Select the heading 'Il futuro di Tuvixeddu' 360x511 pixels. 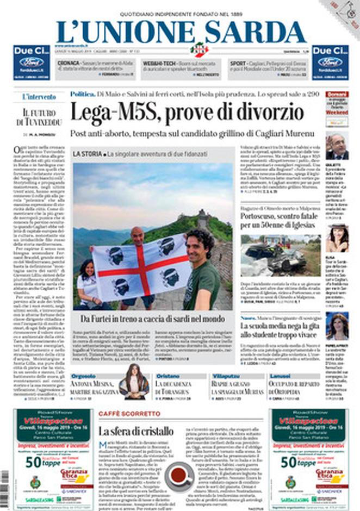(x=39, y=117)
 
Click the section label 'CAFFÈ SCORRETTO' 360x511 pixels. (x=122, y=414)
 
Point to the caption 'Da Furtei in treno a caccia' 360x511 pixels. (x=154, y=319)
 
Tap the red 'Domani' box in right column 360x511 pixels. (x=336, y=94)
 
